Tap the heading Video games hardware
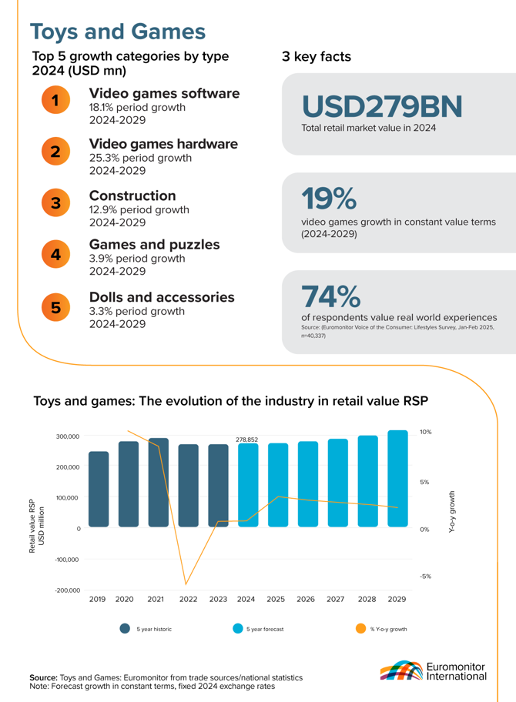coord(163,144)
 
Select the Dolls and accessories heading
coord(163,296)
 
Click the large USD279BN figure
coord(382,105)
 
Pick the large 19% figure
coord(329,198)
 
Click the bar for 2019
coord(98,489)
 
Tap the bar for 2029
coord(397,479)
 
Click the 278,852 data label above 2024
coord(246,440)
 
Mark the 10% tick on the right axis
coord(425,433)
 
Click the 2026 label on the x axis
coord(307,598)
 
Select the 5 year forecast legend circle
coord(238,629)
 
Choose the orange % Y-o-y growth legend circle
coord(361,629)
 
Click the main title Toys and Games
coord(117,32)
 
